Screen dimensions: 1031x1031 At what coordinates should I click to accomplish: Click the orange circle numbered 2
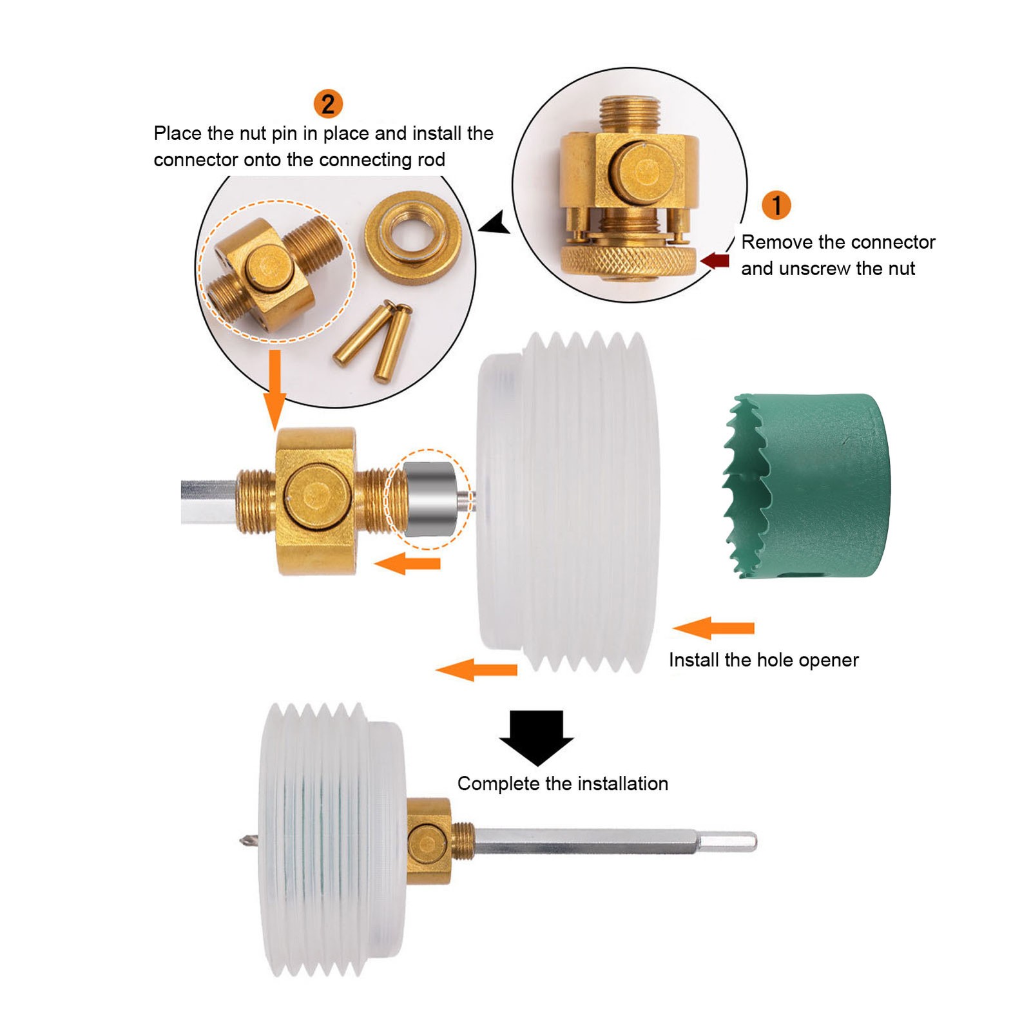coord(328,104)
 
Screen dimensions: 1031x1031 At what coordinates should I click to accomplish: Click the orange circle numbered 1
coord(776,206)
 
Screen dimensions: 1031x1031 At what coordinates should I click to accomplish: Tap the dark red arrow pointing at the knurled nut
coord(715,260)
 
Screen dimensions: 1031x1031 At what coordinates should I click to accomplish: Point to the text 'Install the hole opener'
coord(764,660)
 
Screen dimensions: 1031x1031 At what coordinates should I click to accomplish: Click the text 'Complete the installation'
coord(563,784)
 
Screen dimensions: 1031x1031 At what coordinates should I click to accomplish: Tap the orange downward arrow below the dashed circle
coord(275,390)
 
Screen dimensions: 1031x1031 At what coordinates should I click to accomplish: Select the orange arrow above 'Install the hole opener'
coord(713,628)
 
